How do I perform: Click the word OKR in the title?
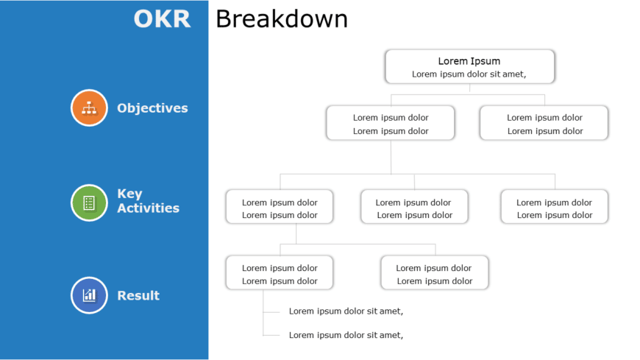(x=162, y=19)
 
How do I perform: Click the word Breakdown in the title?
(x=281, y=19)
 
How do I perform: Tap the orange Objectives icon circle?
(x=89, y=107)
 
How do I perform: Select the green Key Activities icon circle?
(x=89, y=202)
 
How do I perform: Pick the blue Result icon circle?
(x=89, y=295)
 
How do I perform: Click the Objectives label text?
(x=152, y=108)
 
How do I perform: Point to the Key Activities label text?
(x=148, y=201)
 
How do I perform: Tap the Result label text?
(x=138, y=296)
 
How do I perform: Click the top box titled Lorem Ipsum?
(x=469, y=67)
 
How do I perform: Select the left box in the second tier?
(x=390, y=123)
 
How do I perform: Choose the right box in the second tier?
(x=544, y=123)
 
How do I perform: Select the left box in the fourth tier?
(x=279, y=273)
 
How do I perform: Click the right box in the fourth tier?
(x=434, y=273)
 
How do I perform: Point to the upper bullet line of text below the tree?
(x=346, y=311)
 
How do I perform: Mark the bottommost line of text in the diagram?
(x=346, y=335)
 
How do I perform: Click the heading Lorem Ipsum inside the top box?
(x=469, y=61)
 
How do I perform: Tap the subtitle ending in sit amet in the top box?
(x=469, y=74)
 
